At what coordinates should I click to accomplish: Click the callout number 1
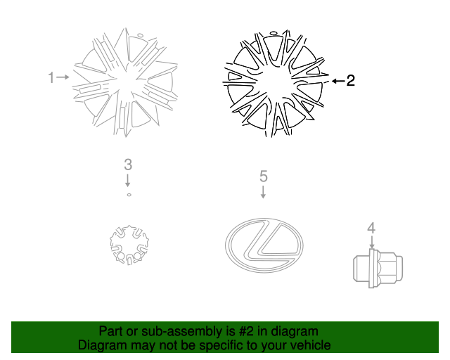[51, 77]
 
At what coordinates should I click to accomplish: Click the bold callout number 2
[350, 81]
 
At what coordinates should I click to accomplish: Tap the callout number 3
[128, 165]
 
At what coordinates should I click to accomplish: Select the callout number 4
[371, 227]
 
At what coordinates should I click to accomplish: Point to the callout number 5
[263, 175]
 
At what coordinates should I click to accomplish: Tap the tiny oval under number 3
[129, 194]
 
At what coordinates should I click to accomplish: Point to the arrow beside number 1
[63, 77]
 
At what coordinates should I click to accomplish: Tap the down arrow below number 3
[128, 180]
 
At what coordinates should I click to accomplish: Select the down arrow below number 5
[263, 191]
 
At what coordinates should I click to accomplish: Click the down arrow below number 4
[371, 240]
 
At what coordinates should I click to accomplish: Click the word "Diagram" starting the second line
[101, 345]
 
